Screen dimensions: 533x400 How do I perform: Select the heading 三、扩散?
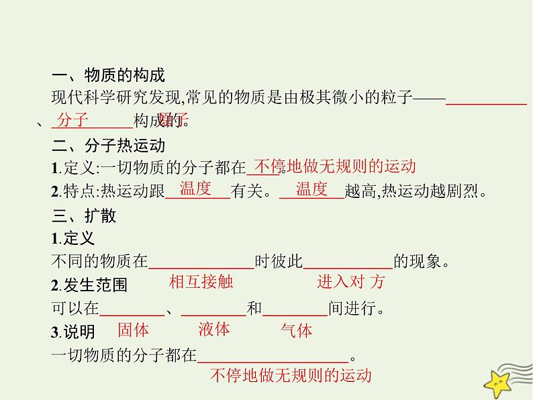83,216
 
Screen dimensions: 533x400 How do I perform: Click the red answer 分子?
74,121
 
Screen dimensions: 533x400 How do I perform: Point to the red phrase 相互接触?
201,282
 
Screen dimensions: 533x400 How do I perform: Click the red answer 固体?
133,330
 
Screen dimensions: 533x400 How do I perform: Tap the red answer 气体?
296,331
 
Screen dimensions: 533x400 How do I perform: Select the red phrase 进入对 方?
350,282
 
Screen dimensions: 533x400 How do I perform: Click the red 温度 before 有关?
195,189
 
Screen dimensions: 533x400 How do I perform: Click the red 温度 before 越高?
311,189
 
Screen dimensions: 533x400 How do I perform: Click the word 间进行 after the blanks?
352,309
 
